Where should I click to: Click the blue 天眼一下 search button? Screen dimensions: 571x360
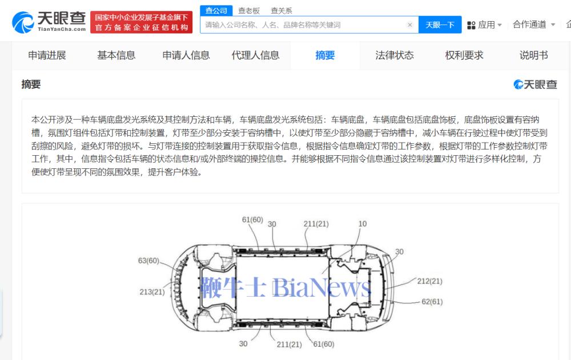click(440, 25)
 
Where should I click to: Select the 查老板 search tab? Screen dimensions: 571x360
click(249, 11)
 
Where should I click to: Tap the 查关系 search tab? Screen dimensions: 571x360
click(281, 11)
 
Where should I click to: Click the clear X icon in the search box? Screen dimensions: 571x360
click(409, 25)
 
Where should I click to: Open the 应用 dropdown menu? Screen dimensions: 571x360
click(484, 25)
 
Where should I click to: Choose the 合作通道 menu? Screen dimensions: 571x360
click(534, 25)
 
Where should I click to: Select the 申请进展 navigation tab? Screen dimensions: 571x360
click(47, 55)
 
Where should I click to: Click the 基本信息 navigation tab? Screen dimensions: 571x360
click(116, 55)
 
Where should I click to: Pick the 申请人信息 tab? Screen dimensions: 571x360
click(186, 55)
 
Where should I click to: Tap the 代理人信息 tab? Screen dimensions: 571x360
click(255, 55)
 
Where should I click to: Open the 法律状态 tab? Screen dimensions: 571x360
click(395, 55)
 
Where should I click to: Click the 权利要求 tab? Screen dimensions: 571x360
click(464, 55)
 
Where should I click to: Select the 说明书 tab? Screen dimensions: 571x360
click(533, 55)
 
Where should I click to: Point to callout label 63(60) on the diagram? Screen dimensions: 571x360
click(148, 261)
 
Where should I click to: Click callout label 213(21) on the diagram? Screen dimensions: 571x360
click(152, 292)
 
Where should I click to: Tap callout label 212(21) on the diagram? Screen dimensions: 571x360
click(430, 281)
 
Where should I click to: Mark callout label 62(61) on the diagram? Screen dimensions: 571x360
click(432, 301)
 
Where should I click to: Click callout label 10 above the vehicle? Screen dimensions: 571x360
click(363, 224)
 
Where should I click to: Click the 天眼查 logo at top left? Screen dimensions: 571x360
click(49, 22)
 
